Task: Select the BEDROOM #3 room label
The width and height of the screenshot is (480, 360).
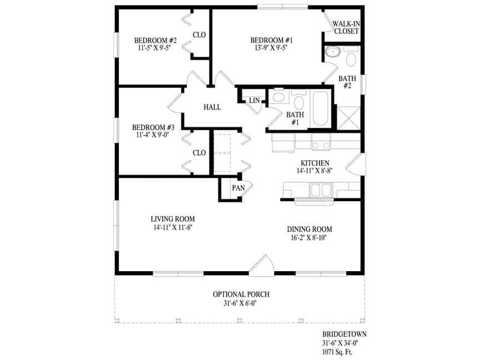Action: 153,127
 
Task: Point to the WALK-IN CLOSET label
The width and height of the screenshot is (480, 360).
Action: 346,28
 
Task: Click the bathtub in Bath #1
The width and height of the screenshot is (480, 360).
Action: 321,108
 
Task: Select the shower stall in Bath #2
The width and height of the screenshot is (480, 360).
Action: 348,118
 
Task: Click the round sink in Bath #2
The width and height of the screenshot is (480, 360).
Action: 332,52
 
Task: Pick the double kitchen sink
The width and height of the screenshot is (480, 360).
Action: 321,190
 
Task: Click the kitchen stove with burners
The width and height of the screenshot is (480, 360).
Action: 321,142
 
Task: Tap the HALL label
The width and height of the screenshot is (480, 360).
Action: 212,107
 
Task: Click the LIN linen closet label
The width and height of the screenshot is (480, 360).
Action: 254,101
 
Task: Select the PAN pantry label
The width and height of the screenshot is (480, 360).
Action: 238,188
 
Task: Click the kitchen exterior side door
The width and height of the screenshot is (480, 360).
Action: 356,164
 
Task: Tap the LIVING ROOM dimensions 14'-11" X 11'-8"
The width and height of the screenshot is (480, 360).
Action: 173,227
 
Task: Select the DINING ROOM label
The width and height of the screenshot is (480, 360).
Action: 309,229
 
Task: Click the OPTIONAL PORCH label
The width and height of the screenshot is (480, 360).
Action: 241,294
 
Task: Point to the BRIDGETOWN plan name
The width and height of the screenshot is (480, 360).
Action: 344,334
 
